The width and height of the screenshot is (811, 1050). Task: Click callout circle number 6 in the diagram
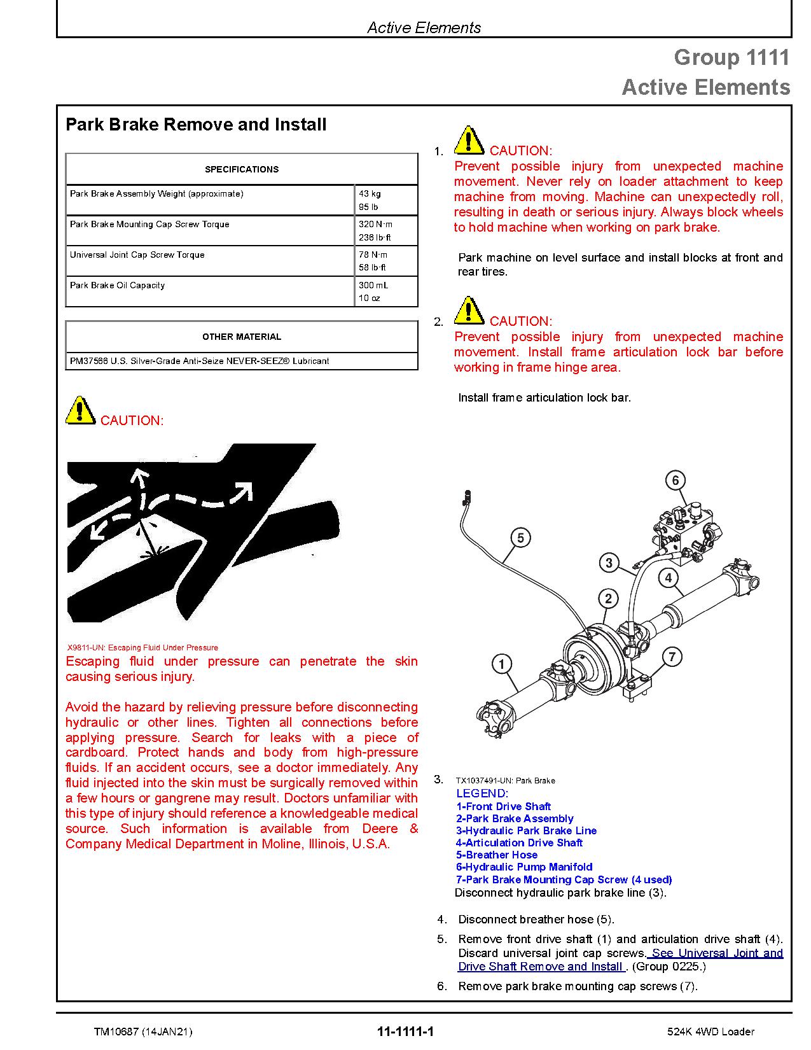point(675,480)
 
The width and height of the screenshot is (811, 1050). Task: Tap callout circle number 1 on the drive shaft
point(502,664)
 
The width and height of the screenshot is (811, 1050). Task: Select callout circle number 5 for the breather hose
point(520,538)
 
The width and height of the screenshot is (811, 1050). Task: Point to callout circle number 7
point(672,657)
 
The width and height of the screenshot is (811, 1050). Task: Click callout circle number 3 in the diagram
point(609,563)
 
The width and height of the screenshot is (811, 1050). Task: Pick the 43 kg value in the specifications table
point(370,193)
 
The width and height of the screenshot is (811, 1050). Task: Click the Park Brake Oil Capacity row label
point(117,285)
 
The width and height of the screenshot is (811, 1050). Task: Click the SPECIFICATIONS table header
point(241,169)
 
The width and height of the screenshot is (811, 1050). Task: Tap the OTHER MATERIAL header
point(241,337)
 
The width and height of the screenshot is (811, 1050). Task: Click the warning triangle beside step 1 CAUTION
point(468,141)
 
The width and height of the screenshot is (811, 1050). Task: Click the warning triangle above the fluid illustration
point(80,411)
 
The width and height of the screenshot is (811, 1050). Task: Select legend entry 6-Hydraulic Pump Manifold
point(523,867)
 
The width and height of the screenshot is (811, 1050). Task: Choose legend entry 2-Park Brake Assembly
point(515,818)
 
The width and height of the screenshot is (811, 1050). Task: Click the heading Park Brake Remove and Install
point(196,125)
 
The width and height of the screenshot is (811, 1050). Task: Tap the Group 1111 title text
point(731,58)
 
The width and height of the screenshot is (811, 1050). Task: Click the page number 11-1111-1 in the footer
point(405,1032)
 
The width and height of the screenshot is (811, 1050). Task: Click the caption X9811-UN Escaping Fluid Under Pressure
point(142,647)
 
